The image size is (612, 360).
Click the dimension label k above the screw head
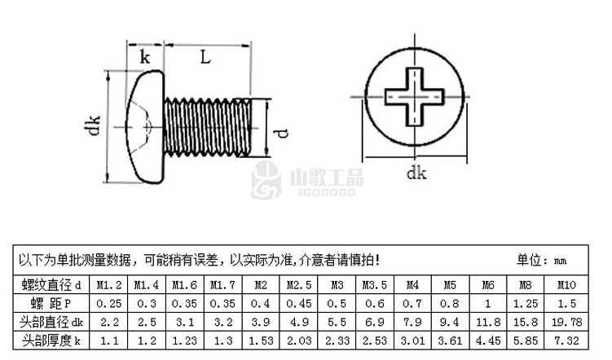pyautogui.click(x=145, y=57)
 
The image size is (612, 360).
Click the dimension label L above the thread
pyautogui.click(x=205, y=57)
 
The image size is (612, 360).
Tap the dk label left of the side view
pyautogui.click(x=93, y=125)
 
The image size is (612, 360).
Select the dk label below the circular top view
pyautogui.click(x=416, y=173)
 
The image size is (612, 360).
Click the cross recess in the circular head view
pyautogui.click(x=415, y=97)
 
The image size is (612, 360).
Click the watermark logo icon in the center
pyautogui.click(x=266, y=180)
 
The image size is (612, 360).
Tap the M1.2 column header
pyautogui.click(x=109, y=285)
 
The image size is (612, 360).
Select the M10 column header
pyautogui.click(x=566, y=285)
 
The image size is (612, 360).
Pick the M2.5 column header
pyautogui.click(x=299, y=285)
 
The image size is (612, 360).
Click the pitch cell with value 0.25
pyautogui.click(x=109, y=304)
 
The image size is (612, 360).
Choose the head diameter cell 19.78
pyautogui.click(x=566, y=323)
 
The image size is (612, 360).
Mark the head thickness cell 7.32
pyautogui.click(x=566, y=341)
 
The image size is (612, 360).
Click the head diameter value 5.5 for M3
pyautogui.click(x=337, y=323)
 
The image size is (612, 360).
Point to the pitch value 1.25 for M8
pyautogui.click(x=526, y=304)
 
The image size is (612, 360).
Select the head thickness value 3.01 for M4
pyautogui.click(x=412, y=341)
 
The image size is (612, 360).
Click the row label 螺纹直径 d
pyautogui.click(x=51, y=285)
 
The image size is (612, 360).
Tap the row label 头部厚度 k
pyautogui.click(x=51, y=341)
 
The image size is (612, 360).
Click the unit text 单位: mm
pyautogui.click(x=542, y=260)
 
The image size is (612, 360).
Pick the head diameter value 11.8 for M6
pyautogui.click(x=488, y=323)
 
